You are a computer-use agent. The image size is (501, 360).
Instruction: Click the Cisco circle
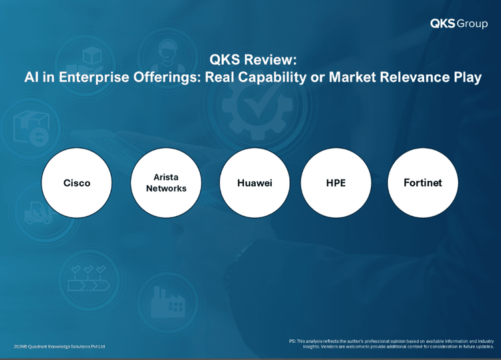tap(77, 183)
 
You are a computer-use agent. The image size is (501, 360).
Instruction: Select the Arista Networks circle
tap(166, 183)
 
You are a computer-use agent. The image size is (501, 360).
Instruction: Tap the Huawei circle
tap(255, 183)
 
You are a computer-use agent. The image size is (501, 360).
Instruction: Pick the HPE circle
tap(336, 183)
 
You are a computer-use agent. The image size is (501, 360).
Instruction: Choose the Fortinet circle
tap(423, 183)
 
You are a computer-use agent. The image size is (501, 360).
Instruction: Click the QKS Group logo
tap(459, 23)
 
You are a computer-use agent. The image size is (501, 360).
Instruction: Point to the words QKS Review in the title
tap(253, 59)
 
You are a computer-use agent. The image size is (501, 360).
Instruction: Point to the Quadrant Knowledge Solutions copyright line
tap(59, 347)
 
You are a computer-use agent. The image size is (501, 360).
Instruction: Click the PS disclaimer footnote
tap(391, 344)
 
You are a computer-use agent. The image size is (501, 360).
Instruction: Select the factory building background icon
tap(168, 302)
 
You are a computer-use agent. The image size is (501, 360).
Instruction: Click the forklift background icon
tap(38, 212)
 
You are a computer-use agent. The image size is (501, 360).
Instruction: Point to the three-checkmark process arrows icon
tap(88, 278)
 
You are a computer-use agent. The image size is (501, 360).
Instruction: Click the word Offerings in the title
tap(167, 77)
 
